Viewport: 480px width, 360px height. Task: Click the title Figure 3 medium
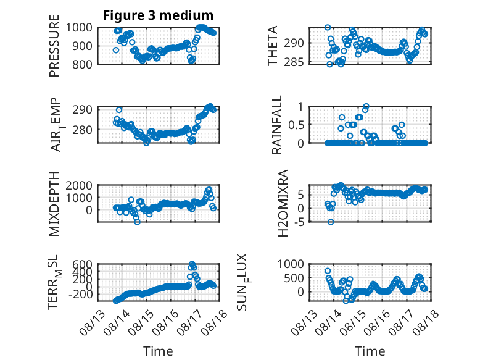coord(159,15)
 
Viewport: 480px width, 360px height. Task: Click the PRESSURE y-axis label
coord(54,46)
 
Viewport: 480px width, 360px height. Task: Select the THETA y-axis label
coord(272,46)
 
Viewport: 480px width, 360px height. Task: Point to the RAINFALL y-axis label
coord(276,125)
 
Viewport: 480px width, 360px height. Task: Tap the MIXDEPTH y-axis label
coord(54,204)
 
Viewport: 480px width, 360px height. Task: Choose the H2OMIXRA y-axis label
coord(283,203)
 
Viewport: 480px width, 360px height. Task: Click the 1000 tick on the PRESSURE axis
coord(79,28)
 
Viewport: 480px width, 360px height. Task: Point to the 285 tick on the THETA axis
coord(294,62)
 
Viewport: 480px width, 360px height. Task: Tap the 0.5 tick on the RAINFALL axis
coord(297,125)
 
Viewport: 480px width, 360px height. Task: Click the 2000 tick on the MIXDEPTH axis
coord(79,185)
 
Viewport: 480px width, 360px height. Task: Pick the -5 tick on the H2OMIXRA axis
coord(299,222)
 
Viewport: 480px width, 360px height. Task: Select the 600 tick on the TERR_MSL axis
coord(82,264)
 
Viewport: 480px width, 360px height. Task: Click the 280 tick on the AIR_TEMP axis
coord(82,130)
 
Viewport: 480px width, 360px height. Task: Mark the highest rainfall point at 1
coord(366,107)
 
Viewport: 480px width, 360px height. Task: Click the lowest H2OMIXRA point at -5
coord(331,222)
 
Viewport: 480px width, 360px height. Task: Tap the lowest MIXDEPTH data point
coord(137,222)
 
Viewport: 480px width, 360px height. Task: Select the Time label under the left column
coord(158,351)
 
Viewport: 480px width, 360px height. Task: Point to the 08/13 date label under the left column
coord(92,322)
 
